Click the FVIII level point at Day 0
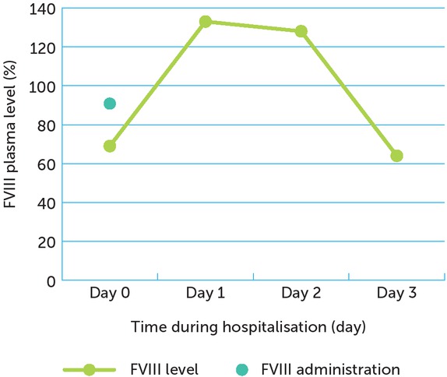click(x=110, y=146)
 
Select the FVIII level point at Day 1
click(x=205, y=22)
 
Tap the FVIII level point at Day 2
click(x=301, y=31)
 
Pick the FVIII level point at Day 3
click(x=396, y=156)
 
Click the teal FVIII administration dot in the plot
click(x=110, y=104)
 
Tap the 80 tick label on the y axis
click(x=47, y=125)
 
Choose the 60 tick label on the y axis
click(x=47, y=164)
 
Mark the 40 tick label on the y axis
click(x=47, y=203)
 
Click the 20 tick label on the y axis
click(x=47, y=241)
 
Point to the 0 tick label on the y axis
click(x=51, y=280)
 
